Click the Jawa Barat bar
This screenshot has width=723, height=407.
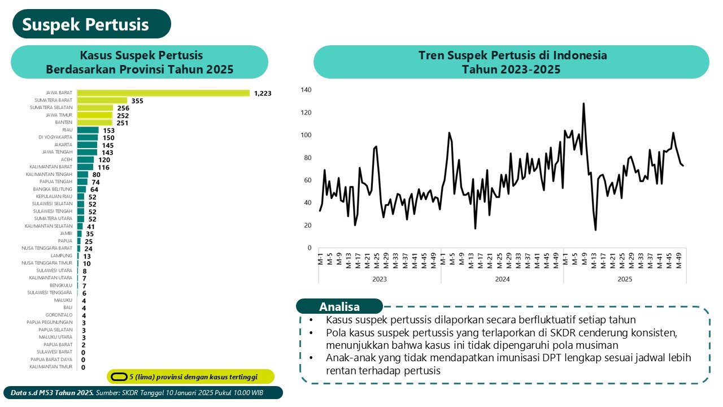coord(163,93)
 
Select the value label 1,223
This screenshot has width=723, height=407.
coord(263,93)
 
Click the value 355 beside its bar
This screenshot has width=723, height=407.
coord(137,101)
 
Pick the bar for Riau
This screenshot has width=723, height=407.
coord(88,130)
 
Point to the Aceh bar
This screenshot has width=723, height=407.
coord(85,159)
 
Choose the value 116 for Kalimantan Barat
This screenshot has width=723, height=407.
coord(103,167)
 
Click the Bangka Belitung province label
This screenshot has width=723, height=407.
coord(58,189)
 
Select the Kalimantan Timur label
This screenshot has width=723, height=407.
coord(51,367)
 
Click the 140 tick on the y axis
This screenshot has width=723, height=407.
coord(306,90)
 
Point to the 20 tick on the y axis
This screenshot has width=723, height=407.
coord(308,226)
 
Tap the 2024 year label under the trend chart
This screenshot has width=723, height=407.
coord(502,279)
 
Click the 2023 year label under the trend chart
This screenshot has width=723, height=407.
coord(380,279)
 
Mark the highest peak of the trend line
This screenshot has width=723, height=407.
coord(583,103)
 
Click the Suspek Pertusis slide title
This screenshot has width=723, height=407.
coord(86,24)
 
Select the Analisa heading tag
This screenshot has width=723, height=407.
coord(339,307)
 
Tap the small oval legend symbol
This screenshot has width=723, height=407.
coord(119,376)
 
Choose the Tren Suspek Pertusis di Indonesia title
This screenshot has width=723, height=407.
coord(512,55)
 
